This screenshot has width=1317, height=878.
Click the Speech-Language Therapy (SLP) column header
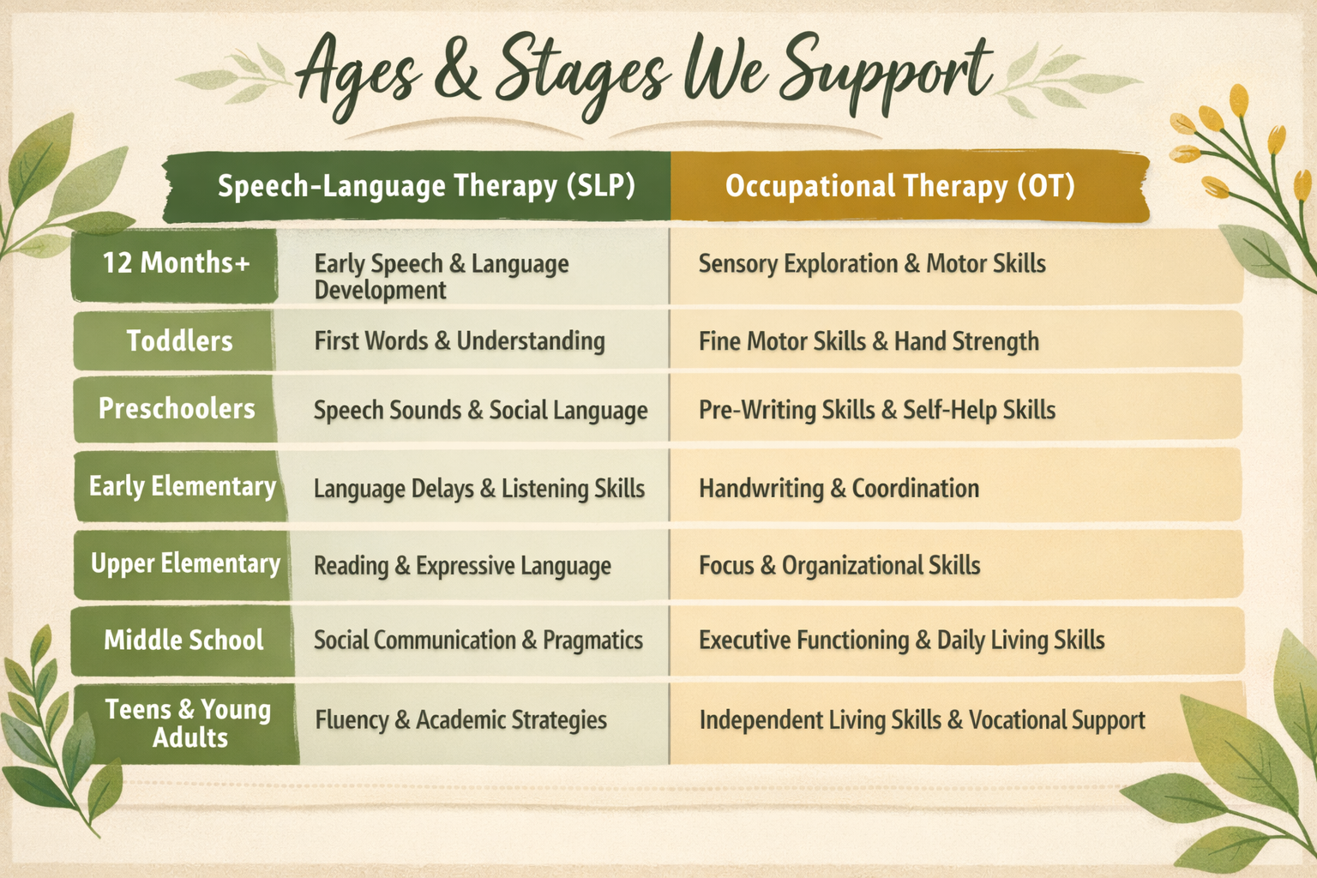pyautogui.click(x=426, y=186)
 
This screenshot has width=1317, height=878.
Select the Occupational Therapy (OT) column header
pyautogui.click(x=899, y=186)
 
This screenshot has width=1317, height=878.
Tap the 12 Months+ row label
pyautogui.click(x=176, y=263)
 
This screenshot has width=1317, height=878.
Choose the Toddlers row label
pyautogui.click(x=179, y=341)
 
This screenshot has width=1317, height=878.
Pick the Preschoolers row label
pyautogui.click(x=177, y=409)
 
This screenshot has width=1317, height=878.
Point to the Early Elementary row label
pyautogui.click(x=183, y=487)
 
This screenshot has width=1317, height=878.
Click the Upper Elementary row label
pyautogui.click(x=185, y=564)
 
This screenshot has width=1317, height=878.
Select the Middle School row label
pyautogui.click(x=183, y=640)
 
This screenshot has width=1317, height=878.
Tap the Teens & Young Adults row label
pyautogui.click(x=188, y=724)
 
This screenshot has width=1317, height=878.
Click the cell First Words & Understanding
pyautogui.click(x=459, y=341)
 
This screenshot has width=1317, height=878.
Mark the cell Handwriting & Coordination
pyautogui.click(x=839, y=489)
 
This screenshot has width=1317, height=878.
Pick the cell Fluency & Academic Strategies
pyautogui.click(x=460, y=720)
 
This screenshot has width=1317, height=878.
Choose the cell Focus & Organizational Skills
pyautogui.click(x=839, y=566)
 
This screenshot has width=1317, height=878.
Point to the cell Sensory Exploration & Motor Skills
pyautogui.click(x=871, y=264)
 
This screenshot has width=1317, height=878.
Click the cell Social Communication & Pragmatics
pyautogui.click(x=478, y=640)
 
